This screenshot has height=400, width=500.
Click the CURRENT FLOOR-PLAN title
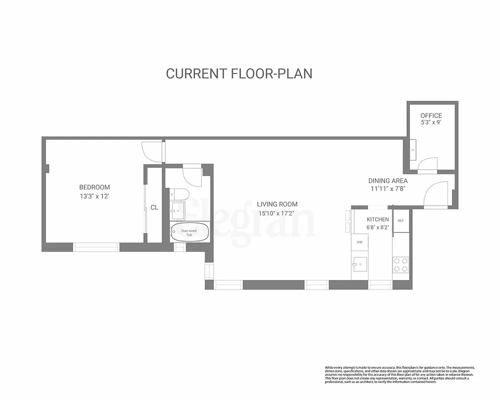tap(239, 73)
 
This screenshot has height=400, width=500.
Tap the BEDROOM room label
tap(94, 187)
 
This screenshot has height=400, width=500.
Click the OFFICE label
tap(431, 115)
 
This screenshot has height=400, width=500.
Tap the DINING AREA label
tap(387, 180)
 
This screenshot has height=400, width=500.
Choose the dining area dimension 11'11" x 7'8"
tap(387, 189)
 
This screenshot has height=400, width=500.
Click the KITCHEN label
tap(377, 219)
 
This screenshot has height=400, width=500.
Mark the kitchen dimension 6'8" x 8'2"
tap(377, 227)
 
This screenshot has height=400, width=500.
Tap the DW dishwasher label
tap(359, 242)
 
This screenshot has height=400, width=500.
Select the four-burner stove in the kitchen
tap(400, 264)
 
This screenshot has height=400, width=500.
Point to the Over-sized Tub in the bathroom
tap(188, 232)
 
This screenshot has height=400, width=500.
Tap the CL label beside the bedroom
tap(154, 207)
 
